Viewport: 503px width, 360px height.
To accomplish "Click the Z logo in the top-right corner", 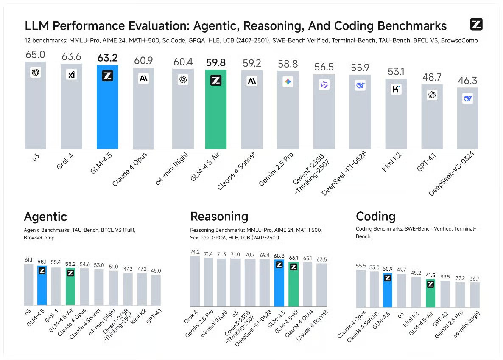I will point(476,25).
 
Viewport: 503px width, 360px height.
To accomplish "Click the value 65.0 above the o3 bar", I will point(36,54).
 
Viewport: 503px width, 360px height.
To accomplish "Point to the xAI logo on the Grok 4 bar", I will point(71,75).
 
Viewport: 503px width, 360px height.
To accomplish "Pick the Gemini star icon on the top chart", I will point(288,82).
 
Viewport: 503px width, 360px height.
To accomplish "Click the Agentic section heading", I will point(45,217).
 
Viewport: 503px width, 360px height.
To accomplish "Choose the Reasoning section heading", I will point(219,217).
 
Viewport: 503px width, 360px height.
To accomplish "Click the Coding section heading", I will point(375,217).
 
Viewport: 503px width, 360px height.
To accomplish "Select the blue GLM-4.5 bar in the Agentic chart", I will point(42,289).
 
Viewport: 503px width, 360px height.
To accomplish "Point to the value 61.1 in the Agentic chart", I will point(28,259).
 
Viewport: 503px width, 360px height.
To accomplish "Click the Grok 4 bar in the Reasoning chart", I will point(195,282).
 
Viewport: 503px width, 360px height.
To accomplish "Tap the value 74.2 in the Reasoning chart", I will point(195,252).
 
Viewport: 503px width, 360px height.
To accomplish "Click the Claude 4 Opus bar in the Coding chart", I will point(360,289).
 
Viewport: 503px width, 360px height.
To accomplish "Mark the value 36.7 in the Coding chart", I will point(475,278).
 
